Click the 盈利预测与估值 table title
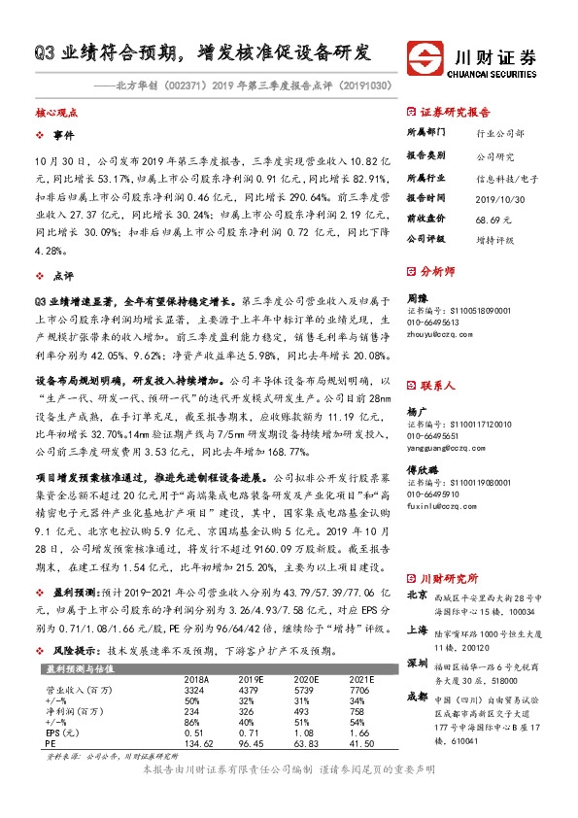(77, 669)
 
